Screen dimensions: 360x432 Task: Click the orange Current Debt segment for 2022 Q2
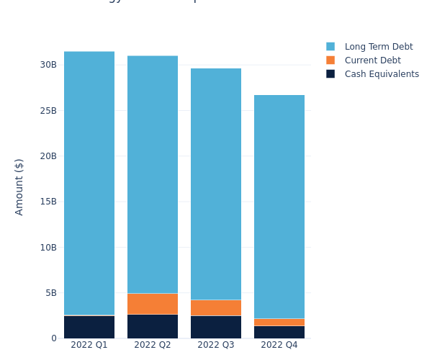click(x=153, y=303)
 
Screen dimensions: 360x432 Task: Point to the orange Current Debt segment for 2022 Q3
click(x=216, y=307)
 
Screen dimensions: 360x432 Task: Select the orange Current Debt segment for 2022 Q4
click(x=279, y=322)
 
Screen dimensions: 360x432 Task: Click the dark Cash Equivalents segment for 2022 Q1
click(x=89, y=327)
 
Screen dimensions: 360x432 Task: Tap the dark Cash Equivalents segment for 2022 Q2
click(x=153, y=326)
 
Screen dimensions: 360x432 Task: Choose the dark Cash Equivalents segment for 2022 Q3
click(x=216, y=327)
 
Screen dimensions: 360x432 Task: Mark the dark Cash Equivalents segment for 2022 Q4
click(x=279, y=332)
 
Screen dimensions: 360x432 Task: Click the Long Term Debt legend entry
click(x=378, y=47)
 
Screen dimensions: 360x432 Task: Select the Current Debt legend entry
click(x=372, y=60)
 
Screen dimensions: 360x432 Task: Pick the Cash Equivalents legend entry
click(x=381, y=74)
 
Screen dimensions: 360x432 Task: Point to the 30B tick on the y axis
click(x=48, y=65)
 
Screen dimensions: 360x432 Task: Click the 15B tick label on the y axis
click(x=48, y=202)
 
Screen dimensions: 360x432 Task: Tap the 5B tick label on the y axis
click(x=50, y=293)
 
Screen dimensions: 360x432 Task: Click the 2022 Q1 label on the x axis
click(x=89, y=345)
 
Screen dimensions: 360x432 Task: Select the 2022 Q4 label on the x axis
click(x=279, y=345)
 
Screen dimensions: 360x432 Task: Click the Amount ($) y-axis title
click(x=19, y=186)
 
